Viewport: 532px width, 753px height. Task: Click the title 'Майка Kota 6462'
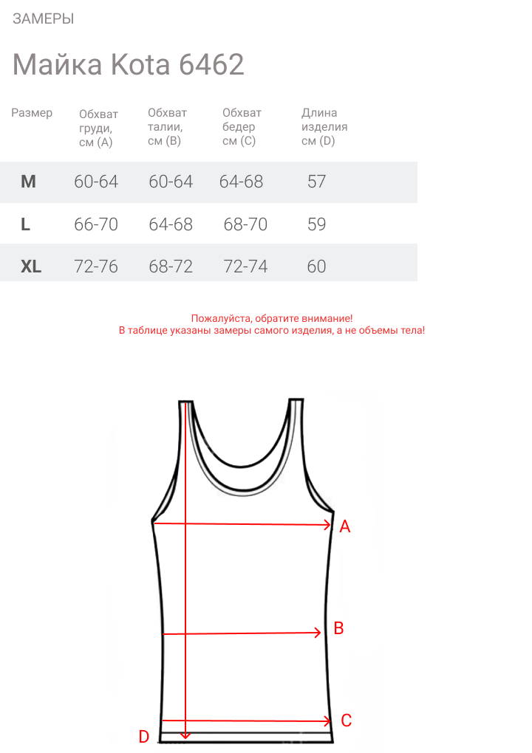(x=129, y=65)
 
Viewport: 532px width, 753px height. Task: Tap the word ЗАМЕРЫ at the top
(x=43, y=19)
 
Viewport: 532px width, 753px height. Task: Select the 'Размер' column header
(x=32, y=113)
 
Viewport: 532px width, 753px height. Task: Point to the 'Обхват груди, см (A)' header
(x=98, y=128)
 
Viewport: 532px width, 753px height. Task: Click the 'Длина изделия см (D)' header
(x=324, y=127)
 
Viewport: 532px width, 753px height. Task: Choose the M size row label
(x=28, y=182)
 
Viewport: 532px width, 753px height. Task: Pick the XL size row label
(x=31, y=267)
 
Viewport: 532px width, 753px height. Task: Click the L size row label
(x=26, y=224)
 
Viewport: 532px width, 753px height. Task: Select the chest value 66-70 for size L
(x=96, y=224)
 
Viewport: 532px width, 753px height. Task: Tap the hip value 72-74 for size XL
(x=245, y=267)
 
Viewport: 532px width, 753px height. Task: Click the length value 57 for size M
(x=316, y=182)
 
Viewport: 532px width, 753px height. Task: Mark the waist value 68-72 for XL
(x=171, y=267)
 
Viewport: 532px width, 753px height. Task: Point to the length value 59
(x=316, y=224)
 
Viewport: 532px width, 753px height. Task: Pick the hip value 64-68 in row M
(x=241, y=182)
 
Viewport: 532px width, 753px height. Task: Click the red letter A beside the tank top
(x=344, y=527)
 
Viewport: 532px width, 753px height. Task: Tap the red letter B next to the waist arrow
(x=339, y=628)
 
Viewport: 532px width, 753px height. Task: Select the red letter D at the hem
(x=144, y=736)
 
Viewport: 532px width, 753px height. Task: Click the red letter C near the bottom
(x=346, y=721)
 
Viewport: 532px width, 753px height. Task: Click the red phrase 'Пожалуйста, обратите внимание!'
(x=272, y=318)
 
